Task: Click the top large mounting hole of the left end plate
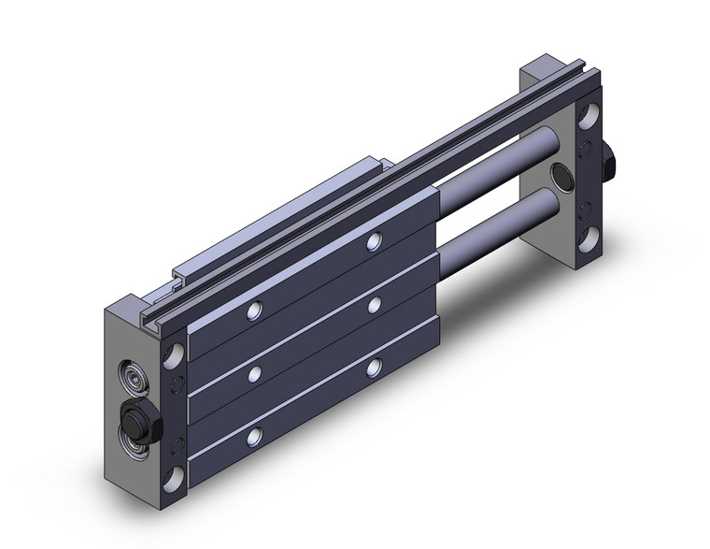pos(174,356)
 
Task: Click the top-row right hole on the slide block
pos(374,241)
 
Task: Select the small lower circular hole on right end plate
pos(586,207)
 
